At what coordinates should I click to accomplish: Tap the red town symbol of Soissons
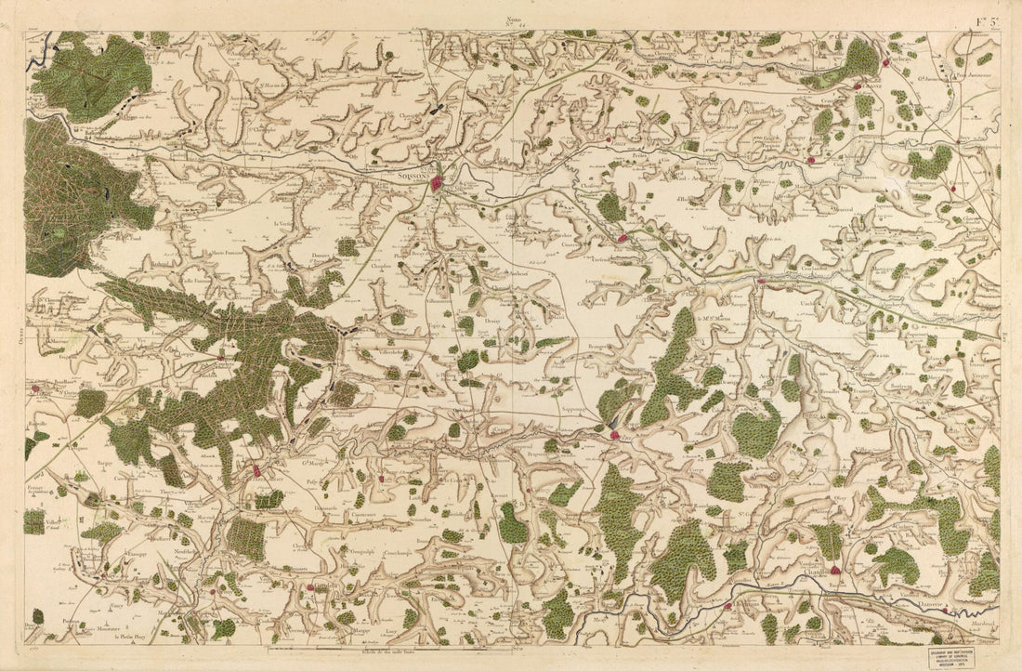click(438, 185)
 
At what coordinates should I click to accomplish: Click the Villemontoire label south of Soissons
click(442, 302)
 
